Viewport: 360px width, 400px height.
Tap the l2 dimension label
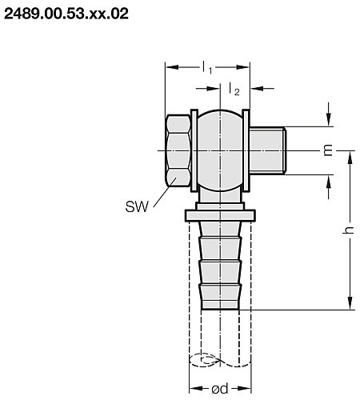pyautogui.click(x=234, y=90)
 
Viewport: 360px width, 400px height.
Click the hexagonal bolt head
pyautogui.click(x=178, y=150)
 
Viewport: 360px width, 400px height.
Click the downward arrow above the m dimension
pyautogui.click(x=328, y=120)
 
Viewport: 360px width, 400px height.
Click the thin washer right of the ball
pyautogui.click(x=246, y=150)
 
